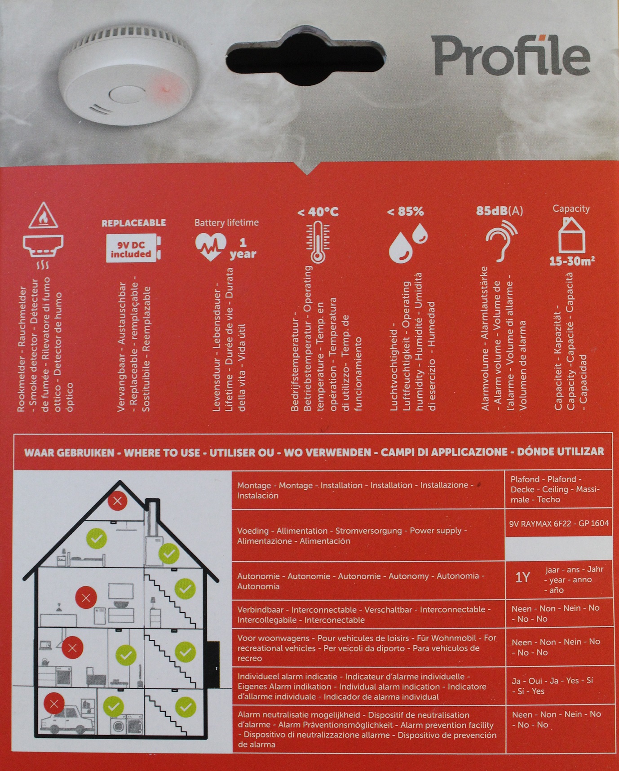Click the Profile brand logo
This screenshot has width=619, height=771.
click(511, 56)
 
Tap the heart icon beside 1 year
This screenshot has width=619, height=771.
click(210, 246)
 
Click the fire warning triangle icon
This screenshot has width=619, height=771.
click(43, 216)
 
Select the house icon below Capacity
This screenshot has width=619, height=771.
click(571, 235)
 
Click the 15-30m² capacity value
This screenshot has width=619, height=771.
click(572, 261)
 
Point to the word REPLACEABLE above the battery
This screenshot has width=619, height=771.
click(133, 223)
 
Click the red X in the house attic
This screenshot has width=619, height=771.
click(118, 501)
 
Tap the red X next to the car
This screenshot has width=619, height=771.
click(54, 704)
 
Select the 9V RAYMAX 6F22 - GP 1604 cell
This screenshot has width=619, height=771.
click(559, 523)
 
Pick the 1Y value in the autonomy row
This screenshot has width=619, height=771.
click(522, 577)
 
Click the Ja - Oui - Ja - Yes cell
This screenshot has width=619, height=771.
click(553, 686)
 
